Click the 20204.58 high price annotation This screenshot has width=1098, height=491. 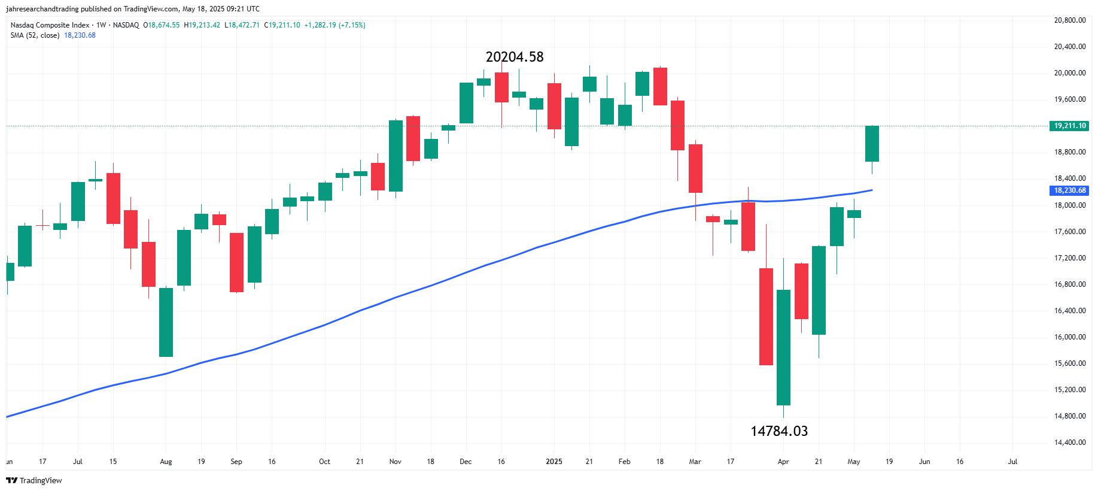coord(515,57)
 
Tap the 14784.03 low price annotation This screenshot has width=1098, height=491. coord(779,431)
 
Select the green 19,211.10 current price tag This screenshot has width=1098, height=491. coord(1070,126)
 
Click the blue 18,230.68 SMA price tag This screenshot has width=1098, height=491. coord(1070,190)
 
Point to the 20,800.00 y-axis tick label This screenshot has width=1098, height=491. coord(1070,20)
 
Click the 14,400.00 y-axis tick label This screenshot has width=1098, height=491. coord(1070,442)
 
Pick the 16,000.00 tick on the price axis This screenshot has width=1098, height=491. coord(1070,337)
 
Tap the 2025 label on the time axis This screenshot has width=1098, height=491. coord(554,462)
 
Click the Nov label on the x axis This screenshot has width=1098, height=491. coord(395,462)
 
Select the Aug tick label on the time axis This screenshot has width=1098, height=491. coord(166,462)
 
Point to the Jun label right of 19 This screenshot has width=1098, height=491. coord(924,462)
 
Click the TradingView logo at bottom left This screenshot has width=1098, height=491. coord(34,480)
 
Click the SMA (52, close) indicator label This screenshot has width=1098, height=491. coord(35,35)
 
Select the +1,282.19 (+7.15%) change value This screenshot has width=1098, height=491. coord(334,25)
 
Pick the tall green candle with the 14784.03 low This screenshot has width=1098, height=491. coord(783,347)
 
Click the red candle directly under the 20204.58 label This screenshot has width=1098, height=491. coord(501,87)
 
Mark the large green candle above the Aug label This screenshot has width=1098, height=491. coord(166,322)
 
